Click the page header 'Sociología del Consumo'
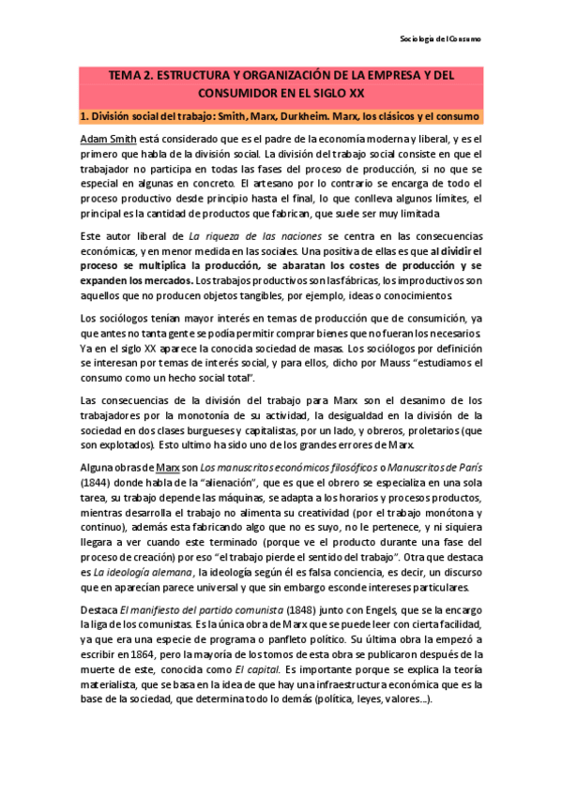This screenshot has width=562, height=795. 440,40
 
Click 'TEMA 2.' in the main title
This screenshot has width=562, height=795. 136,75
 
